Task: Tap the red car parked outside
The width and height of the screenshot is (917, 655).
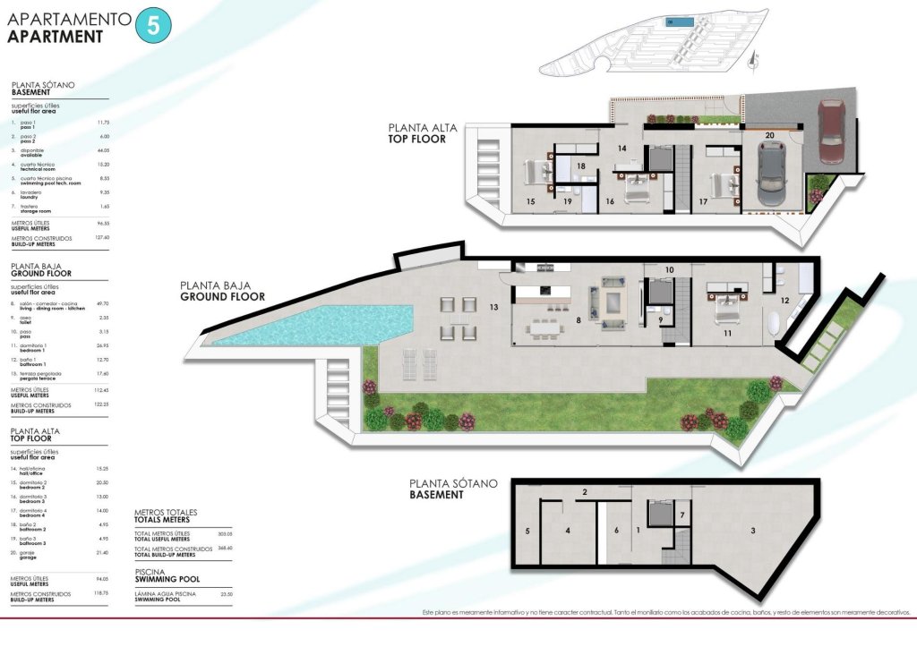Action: coord(832,132)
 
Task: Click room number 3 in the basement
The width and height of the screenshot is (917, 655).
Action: coord(753,531)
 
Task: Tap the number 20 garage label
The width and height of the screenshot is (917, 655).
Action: coord(770,135)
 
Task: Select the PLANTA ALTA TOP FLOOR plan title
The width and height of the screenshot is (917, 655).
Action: coord(422,133)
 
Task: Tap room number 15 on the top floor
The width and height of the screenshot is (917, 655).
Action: coord(531,202)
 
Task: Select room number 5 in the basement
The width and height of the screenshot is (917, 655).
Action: coord(527,532)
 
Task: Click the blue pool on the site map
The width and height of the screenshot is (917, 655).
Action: coord(678,21)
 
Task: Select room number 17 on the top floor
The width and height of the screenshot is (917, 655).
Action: coord(703,202)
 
